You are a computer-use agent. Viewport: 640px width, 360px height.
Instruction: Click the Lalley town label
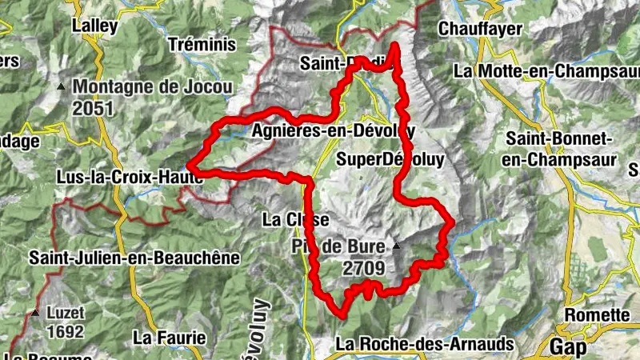[95, 26]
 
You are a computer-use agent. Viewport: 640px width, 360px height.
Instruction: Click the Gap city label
[568, 346]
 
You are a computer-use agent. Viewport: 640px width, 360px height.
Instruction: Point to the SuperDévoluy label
[390, 158]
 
